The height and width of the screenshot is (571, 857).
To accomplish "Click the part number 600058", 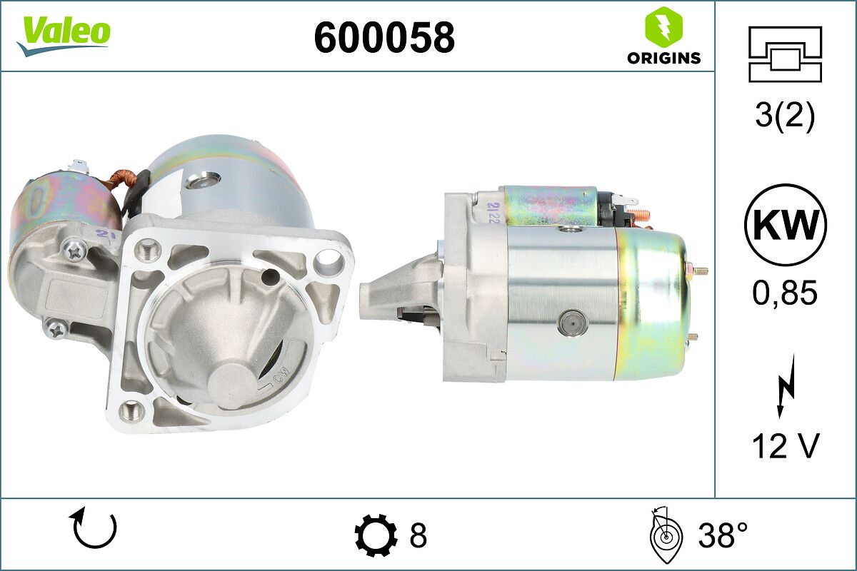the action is (384, 38).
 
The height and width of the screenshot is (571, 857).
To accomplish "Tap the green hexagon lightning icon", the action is (663, 25).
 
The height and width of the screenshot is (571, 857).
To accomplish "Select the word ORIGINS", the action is (663, 58).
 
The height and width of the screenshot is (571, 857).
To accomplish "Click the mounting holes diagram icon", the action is (786, 54).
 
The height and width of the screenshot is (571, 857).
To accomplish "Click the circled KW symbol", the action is (786, 225).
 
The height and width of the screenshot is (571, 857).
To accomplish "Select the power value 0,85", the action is (785, 293).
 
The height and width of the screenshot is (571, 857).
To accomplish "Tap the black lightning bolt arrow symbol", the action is (785, 386).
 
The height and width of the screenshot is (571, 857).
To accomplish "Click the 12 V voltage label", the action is (786, 446).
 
